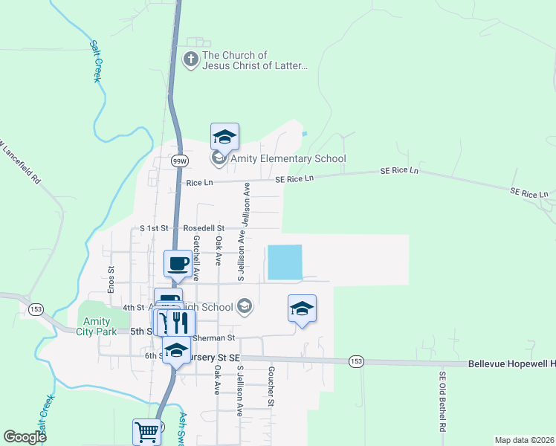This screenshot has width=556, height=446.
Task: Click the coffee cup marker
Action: point(178,264)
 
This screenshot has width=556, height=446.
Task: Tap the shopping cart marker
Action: point(146,432)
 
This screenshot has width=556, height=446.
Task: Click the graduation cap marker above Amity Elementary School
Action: point(224,136)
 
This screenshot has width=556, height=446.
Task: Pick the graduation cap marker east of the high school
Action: point(302,308)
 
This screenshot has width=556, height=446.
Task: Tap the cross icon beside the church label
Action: point(191,60)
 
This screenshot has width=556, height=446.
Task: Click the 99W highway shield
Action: point(178,161)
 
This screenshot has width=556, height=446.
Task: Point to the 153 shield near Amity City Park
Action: point(35,308)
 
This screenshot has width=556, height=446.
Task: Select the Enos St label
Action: point(110,279)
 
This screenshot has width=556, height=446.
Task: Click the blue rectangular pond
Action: point(285,262)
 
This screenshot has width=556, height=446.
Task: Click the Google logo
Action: point(25,437)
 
